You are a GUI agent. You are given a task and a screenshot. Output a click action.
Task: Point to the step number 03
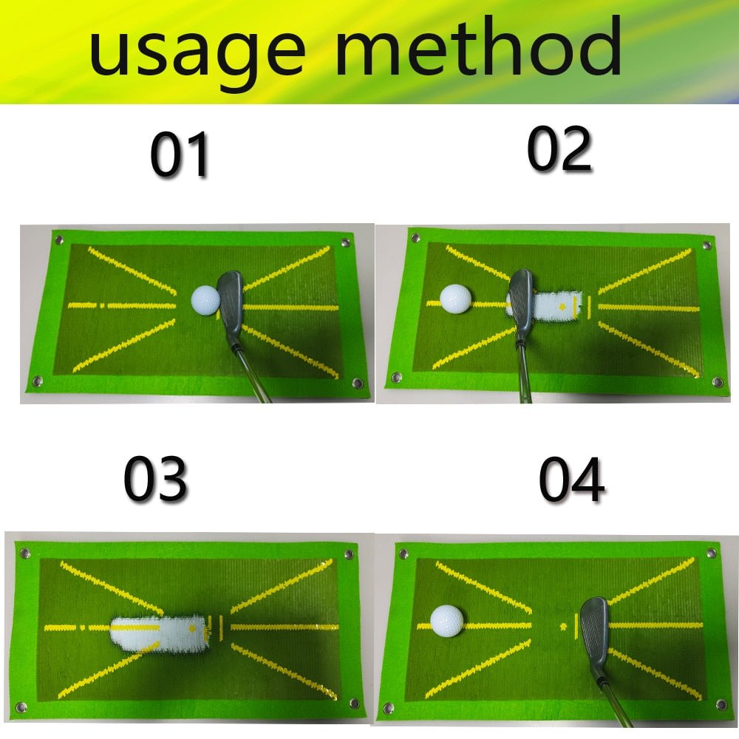[155, 480]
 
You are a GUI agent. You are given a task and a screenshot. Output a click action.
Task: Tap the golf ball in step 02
[455, 299]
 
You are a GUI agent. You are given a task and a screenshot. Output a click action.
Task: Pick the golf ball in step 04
[446, 620]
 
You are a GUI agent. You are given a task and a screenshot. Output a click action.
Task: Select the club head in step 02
[520, 299]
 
